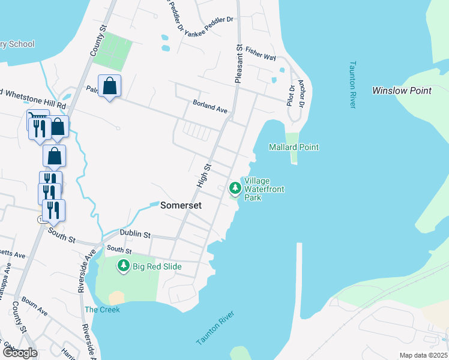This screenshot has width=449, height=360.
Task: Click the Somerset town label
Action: coord(181,205)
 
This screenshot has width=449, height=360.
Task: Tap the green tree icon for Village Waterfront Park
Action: coord(235,188)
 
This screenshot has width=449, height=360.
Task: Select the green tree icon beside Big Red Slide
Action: coord(124,265)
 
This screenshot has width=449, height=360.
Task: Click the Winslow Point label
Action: coord(402,91)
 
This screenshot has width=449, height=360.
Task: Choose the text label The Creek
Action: coord(102,310)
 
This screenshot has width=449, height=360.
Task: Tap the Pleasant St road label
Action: coord(239,63)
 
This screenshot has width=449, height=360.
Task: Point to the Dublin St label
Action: coord(134,233)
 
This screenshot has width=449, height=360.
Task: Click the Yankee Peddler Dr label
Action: coord(208,20)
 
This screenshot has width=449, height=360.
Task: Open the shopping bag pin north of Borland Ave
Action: coord(110,86)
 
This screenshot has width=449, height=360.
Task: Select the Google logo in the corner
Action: coord(19,353)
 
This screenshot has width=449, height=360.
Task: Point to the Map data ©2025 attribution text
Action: coord(423,355)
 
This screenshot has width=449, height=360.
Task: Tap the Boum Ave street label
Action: coord(34,305)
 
